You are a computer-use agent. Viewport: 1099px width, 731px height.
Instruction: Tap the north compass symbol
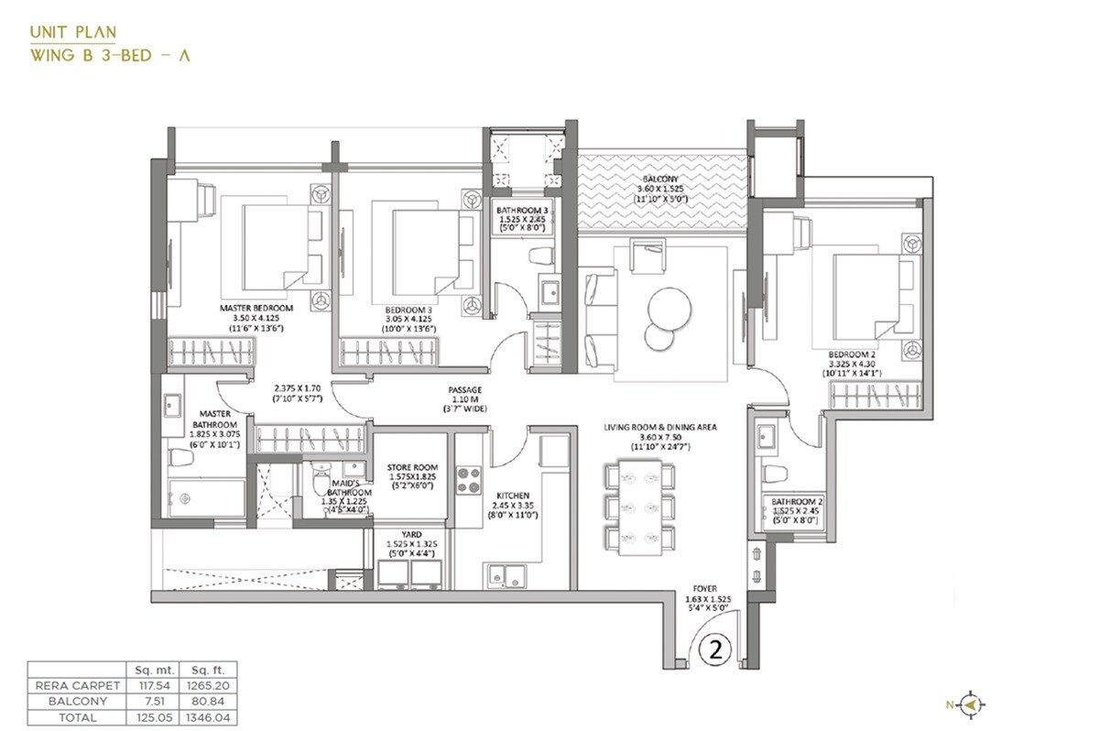[x=972, y=704]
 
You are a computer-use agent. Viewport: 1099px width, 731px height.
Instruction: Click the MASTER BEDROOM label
[x=256, y=308]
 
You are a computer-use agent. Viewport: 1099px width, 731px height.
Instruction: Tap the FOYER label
[x=705, y=589]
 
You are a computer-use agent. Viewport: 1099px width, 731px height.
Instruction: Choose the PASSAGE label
[x=464, y=389]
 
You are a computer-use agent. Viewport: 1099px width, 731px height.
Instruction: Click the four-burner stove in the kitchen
[x=469, y=480]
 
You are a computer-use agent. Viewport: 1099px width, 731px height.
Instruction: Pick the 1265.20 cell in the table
[x=199, y=683]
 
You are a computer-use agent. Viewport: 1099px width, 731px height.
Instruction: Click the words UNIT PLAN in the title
[x=72, y=32]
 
